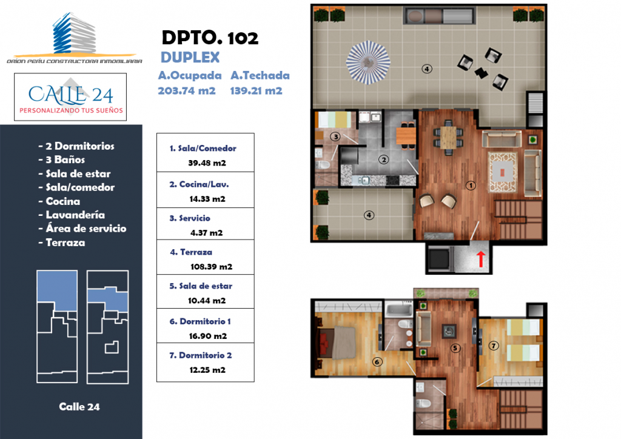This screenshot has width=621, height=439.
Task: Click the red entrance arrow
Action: point(480,259)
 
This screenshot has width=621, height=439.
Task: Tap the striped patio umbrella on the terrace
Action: point(368,62)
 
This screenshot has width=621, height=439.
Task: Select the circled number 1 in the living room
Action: point(471,186)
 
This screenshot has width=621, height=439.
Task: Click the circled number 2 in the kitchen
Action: point(383,159)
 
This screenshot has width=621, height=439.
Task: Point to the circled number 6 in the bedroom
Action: point(377,361)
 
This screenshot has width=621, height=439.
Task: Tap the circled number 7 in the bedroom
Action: point(494,346)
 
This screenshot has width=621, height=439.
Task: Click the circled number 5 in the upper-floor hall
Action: point(455,348)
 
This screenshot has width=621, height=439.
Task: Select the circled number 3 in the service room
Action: point(335,136)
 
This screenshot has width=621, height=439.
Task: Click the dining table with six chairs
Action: point(448,138)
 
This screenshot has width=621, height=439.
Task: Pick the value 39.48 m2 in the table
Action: point(207,163)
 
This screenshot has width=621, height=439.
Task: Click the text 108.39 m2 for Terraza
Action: point(211,266)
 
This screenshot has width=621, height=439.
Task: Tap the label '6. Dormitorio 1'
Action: point(200,321)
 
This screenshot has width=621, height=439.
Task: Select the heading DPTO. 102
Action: point(210,38)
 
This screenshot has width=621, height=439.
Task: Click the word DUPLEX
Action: point(190,58)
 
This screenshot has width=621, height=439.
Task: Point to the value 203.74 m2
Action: point(187,91)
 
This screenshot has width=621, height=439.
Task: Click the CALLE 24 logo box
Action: point(70,97)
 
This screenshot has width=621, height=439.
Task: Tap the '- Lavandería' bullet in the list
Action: point(72,215)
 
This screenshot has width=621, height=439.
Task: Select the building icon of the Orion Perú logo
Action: point(74,33)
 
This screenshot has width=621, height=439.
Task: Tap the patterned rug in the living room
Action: point(502,172)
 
